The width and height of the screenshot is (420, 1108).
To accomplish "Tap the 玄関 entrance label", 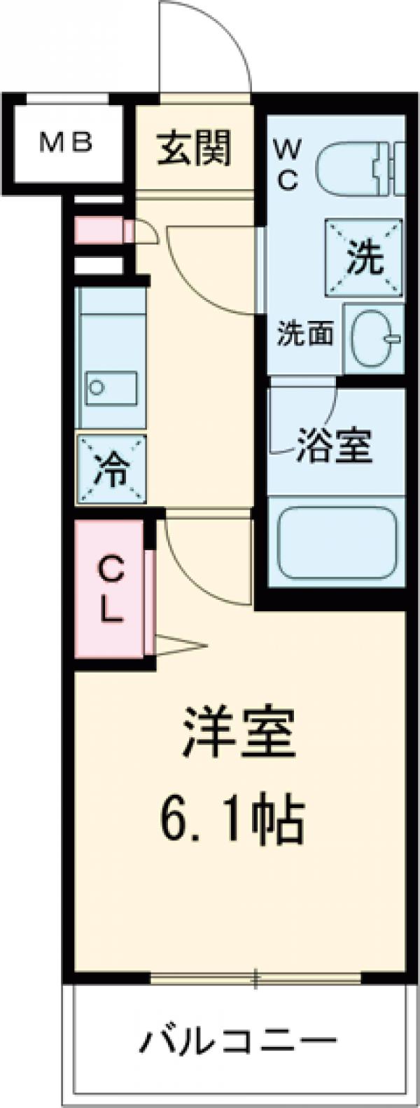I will (194, 149).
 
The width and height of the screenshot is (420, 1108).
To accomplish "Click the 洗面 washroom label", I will (304, 334).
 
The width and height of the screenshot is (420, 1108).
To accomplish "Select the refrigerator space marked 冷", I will (113, 469).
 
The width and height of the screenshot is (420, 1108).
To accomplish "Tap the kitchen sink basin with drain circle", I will (111, 386).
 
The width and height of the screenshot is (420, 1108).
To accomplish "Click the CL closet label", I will (110, 589).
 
